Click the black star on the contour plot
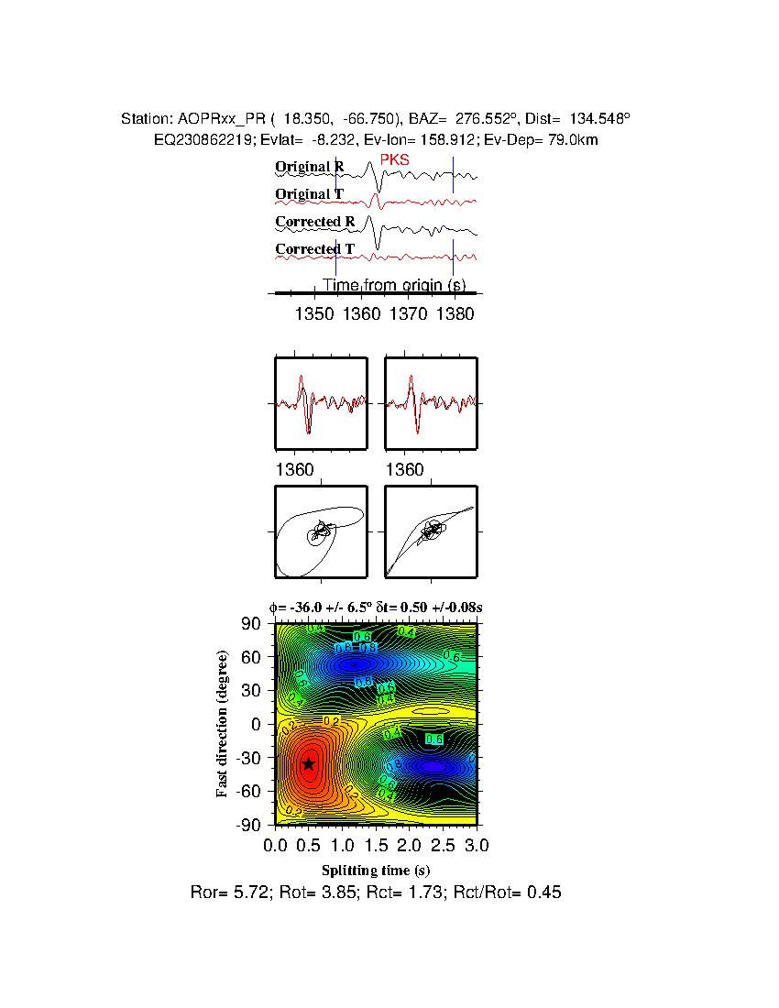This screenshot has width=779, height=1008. pyautogui.click(x=309, y=763)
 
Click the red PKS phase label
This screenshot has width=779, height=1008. pyautogui.click(x=394, y=160)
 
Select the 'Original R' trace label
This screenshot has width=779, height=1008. pyautogui.click(x=310, y=168)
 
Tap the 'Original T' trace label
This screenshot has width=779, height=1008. pyautogui.click(x=309, y=194)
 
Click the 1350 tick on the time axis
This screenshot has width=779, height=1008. pyautogui.click(x=314, y=314)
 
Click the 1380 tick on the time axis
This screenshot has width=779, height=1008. pyautogui.click(x=455, y=314)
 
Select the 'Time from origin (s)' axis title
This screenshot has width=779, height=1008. pyautogui.click(x=394, y=285)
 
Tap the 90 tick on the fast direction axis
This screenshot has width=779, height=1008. pyautogui.click(x=253, y=624)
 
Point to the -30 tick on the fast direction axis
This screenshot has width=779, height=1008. pyautogui.click(x=249, y=759)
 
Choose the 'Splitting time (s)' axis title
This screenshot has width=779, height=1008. pyautogui.click(x=376, y=870)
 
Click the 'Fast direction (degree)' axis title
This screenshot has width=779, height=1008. pyautogui.click(x=222, y=724)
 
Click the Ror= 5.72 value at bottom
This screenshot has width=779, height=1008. pyautogui.click(x=225, y=892)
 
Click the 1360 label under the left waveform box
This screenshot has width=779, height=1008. pyautogui.click(x=294, y=470)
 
